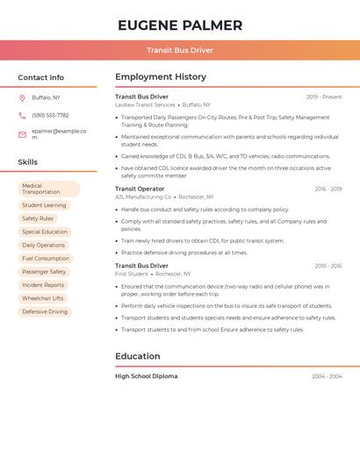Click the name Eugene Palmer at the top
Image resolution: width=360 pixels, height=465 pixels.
point(180,25)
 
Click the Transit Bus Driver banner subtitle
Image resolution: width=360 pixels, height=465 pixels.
point(180,50)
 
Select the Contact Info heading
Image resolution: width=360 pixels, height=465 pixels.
point(41,77)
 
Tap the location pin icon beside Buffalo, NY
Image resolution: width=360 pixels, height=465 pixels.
point(22,97)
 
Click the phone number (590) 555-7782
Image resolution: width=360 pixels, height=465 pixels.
point(50,115)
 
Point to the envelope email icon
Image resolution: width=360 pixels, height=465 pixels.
point(22,134)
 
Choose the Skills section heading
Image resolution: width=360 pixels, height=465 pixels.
point(28,162)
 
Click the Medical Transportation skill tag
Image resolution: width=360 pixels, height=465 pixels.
point(48,189)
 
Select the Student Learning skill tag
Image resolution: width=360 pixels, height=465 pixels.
point(44,205)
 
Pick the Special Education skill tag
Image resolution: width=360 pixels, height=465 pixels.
point(45,232)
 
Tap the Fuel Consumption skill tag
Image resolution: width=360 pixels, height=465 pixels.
point(46,259)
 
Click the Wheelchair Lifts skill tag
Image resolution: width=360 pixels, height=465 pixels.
point(42,298)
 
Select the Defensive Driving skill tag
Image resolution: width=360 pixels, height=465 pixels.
point(45,311)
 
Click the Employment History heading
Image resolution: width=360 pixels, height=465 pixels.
point(161,77)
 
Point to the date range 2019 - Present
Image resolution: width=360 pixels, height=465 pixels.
point(324,97)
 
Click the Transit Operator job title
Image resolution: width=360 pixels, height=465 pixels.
point(140,189)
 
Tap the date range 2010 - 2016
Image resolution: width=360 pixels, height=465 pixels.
point(328,265)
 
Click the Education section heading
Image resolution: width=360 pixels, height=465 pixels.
point(138,356)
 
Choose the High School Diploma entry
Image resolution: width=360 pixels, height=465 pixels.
point(146,376)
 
